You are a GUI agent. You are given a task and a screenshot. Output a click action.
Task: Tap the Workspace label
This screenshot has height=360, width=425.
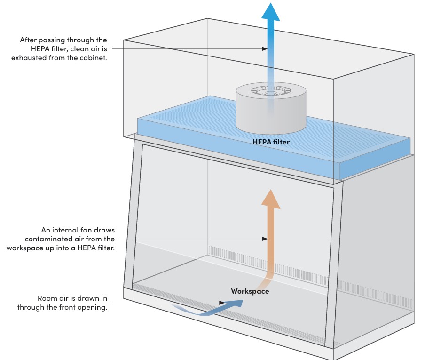click(x=250, y=291)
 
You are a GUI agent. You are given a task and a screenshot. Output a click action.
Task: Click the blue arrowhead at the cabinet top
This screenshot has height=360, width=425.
click(x=270, y=11)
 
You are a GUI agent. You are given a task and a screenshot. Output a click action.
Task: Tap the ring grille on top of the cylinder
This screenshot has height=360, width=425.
click(x=270, y=90)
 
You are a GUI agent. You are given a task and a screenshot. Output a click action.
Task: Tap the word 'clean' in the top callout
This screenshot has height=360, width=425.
click(x=84, y=49)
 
